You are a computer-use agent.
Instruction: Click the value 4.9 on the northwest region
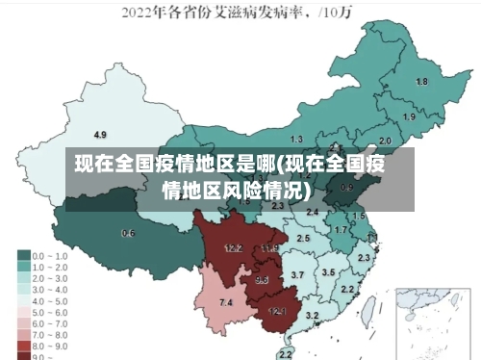[x=100, y=134]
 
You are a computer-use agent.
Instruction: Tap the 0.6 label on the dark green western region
[x=128, y=233]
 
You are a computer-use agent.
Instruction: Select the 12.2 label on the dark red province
[x=233, y=247]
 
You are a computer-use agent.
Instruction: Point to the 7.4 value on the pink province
[x=226, y=303]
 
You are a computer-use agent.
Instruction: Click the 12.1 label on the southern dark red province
[x=277, y=311]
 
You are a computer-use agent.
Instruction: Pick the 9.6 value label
[x=262, y=280]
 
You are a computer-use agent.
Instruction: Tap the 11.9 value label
[x=269, y=248]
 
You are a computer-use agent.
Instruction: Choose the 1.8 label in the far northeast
[x=420, y=82]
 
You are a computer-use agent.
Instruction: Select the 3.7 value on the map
[x=297, y=275]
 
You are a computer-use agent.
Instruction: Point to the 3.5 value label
[x=328, y=272]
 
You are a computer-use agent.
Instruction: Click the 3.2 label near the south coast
[x=312, y=316]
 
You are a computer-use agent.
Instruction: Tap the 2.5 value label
[x=303, y=238]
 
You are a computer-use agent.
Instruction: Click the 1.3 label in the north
[x=296, y=140]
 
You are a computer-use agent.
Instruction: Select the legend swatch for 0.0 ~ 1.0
[x=23, y=256]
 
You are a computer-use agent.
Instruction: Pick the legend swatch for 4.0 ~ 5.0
[x=23, y=299]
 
